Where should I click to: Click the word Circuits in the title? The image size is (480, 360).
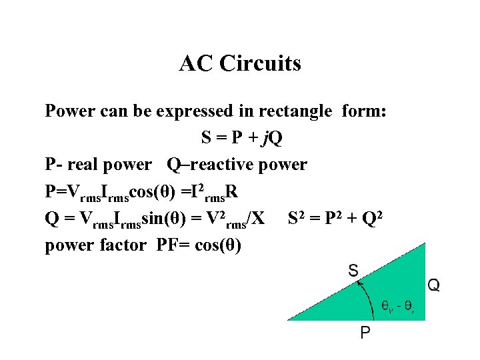(265, 64)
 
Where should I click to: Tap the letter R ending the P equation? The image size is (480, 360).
(231, 192)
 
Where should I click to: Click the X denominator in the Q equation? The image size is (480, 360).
(259, 219)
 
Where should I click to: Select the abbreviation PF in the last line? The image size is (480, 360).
(167, 245)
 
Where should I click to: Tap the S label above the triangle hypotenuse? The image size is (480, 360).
(353, 271)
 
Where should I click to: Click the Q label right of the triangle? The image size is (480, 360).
(433, 285)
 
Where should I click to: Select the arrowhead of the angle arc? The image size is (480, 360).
(361, 283)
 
